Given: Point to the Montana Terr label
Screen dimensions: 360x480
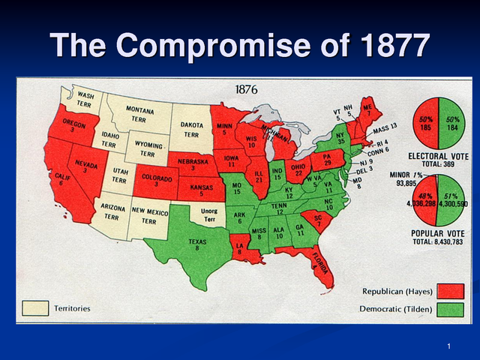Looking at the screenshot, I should (x=139, y=115).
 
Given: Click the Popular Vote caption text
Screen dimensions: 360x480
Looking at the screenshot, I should (x=439, y=233).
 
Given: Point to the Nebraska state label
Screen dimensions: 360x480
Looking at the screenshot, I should (x=192, y=163).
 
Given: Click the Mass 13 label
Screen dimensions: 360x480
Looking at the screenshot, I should (x=383, y=125).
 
